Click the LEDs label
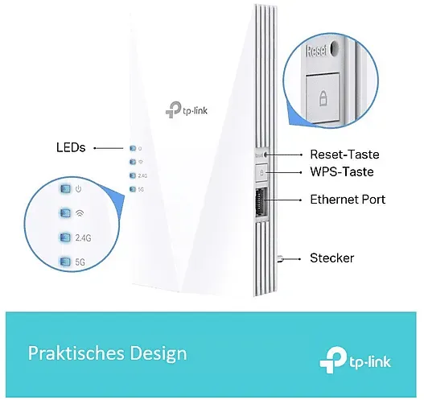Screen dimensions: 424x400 point(71,147)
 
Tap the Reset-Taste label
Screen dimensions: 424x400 point(344,155)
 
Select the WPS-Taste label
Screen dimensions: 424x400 point(342,171)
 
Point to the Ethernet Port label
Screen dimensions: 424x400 point(348,200)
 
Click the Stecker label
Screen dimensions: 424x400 point(331,258)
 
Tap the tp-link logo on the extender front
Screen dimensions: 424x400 point(187,109)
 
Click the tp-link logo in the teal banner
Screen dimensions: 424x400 point(355,360)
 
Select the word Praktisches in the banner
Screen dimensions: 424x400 point(76,353)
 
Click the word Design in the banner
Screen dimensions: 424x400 point(158,354)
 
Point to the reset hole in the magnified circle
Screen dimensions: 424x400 point(334,49)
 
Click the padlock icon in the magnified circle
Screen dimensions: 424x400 point(323,98)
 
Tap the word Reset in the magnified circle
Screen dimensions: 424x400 point(316,51)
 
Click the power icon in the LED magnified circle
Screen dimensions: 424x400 point(78,189)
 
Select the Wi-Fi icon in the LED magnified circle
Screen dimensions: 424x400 point(79,213)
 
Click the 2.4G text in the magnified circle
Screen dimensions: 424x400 point(83,237)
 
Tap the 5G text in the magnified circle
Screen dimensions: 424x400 point(80,262)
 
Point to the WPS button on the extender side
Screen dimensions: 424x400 point(261,172)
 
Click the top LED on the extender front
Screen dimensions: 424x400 point(133,148)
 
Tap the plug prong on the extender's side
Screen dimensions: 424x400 point(280,259)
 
